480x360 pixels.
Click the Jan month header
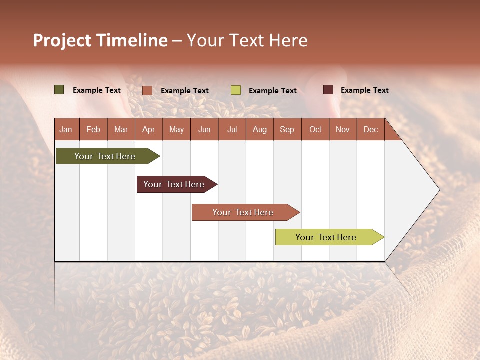(66, 129)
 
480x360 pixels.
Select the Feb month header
(93, 129)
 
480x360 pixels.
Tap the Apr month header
(148, 129)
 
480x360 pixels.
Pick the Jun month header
(204, 129)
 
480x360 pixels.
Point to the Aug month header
(259, 129)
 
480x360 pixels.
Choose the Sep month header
(287, 129)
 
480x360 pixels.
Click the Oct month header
(315, 129)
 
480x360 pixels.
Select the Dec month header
(370, 129)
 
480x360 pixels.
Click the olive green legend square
(59, 90)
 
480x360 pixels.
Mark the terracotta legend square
(147, 90)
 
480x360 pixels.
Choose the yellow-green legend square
(236, 90)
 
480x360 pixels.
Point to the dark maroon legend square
(328, 90)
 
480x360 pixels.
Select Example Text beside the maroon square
(364, 90)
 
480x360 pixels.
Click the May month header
(176, 129)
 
